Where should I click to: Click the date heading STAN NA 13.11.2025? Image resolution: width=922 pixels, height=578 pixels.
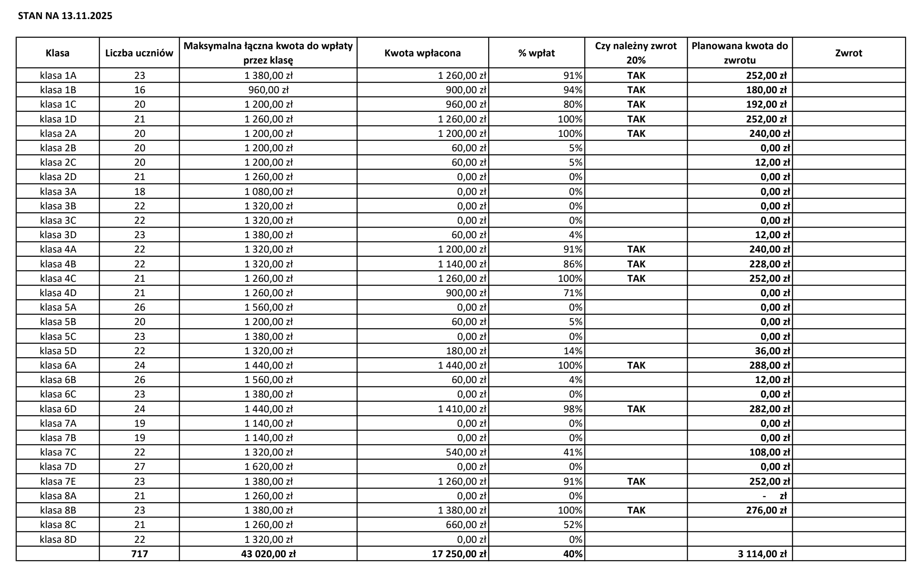[65, 16]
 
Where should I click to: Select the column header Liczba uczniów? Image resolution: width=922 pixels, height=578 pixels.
[139, 53]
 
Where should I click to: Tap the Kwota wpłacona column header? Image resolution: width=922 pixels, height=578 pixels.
[422, 53]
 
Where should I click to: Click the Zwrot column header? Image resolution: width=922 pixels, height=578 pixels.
[848, 53]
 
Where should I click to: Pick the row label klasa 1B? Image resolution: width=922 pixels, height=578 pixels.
[58, 90]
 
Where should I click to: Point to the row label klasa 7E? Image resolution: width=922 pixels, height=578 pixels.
[58, 481]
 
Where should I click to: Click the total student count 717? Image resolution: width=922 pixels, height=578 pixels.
[139, 554]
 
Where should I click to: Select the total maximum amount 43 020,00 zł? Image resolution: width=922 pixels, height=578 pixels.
[268, 554]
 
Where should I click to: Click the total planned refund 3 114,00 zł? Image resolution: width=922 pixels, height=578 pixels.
[762, 554]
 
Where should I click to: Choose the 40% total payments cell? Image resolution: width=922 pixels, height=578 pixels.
[573, 554]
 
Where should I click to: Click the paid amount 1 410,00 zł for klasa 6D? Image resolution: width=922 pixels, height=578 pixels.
[462, 409]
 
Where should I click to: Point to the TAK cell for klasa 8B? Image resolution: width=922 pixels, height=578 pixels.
[636, 510]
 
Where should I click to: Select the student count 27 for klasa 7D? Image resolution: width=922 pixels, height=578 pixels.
[139, 467]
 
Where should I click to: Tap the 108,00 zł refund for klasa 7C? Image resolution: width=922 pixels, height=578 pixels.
[769, 452]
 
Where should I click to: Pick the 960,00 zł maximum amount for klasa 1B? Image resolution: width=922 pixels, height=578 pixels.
[268, 90]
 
